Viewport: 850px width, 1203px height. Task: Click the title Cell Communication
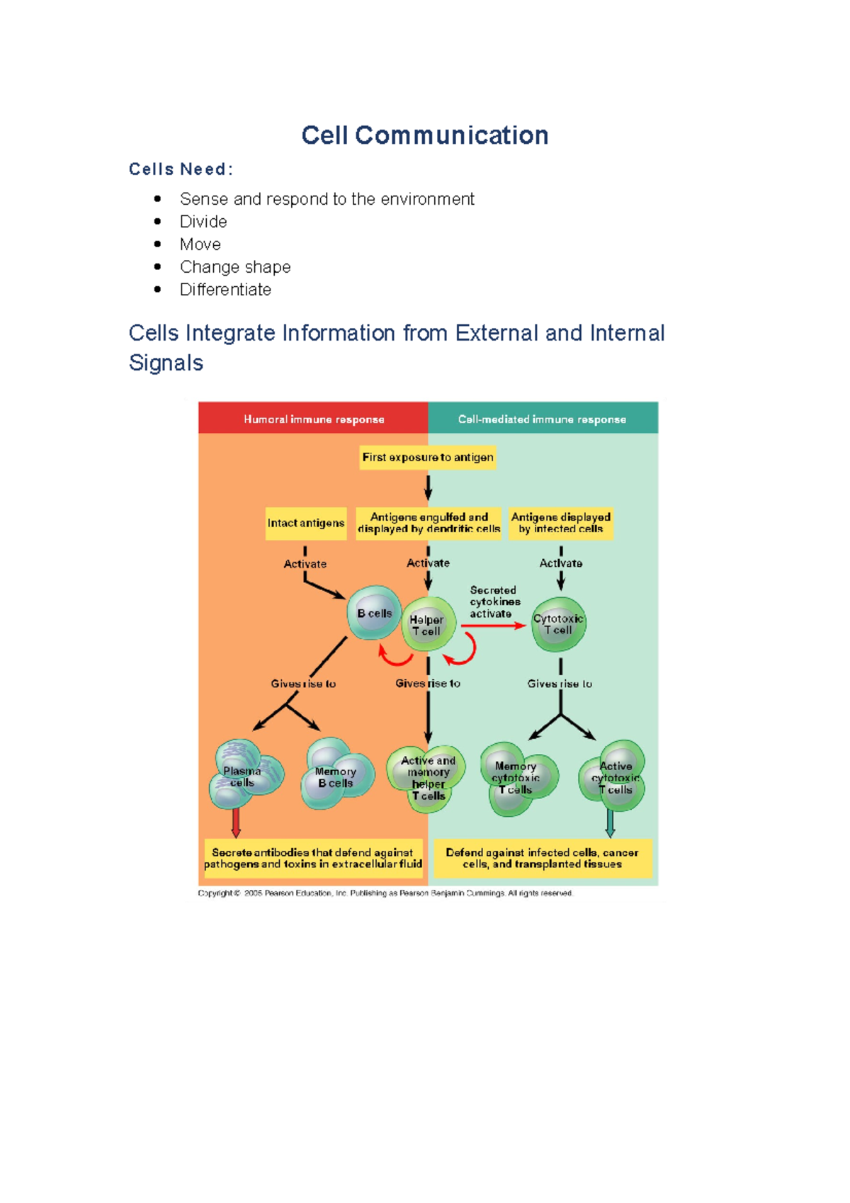point(424,135)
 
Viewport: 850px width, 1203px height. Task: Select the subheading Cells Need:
point(181,169)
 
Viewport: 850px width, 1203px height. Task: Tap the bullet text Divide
point(203,222)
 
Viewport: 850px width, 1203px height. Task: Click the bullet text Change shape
point(235,267)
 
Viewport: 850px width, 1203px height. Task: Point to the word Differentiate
point(225,290)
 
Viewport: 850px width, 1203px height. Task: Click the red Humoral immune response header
point(313,419)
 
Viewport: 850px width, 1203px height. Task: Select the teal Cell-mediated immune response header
point(542,419)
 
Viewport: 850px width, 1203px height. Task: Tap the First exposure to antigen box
point(428,458)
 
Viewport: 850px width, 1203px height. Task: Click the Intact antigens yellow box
point(305,524)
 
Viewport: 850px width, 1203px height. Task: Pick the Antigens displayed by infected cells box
point(560,524)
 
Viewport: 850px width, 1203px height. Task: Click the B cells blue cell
point(374,613)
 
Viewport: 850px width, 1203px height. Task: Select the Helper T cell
point(428,625)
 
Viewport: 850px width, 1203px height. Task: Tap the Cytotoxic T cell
point(558,624)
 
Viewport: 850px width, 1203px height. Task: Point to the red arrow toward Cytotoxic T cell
point(494,626)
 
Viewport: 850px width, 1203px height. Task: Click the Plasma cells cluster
point(244,776)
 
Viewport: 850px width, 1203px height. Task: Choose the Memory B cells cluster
point(335,776)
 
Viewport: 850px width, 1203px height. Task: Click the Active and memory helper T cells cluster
point(427,778)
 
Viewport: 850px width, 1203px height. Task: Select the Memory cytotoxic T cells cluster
point(516,778)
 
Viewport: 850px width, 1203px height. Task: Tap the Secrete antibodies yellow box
point(312,859)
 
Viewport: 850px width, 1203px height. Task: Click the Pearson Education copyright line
point(385,893)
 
